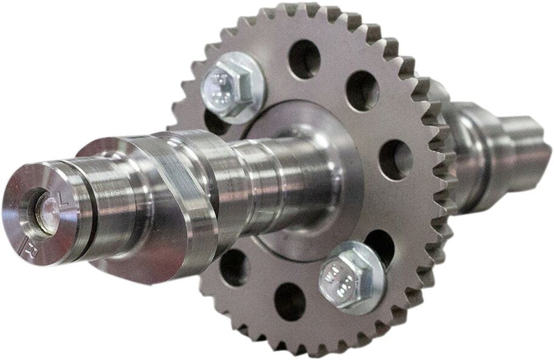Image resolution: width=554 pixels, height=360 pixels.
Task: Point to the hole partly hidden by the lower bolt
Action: point(377,242)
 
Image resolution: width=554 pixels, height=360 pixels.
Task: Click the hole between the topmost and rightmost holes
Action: point(362,89)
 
